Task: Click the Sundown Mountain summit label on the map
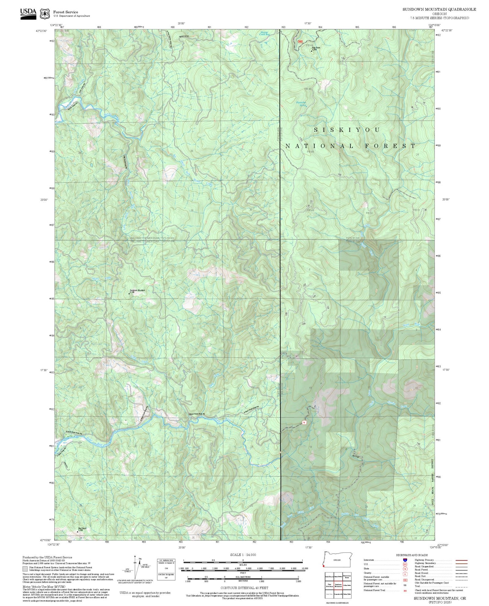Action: tap(137, 290)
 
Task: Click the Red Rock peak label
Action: tap(82, 528)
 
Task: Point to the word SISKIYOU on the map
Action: tap(347, 130)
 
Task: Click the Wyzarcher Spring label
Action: tap(301, 104)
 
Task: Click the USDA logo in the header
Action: tap(28, 13)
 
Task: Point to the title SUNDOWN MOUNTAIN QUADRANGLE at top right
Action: tap(439, 9)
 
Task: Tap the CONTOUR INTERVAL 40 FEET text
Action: tap(244, 588)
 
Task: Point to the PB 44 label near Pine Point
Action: tap(309, 45)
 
